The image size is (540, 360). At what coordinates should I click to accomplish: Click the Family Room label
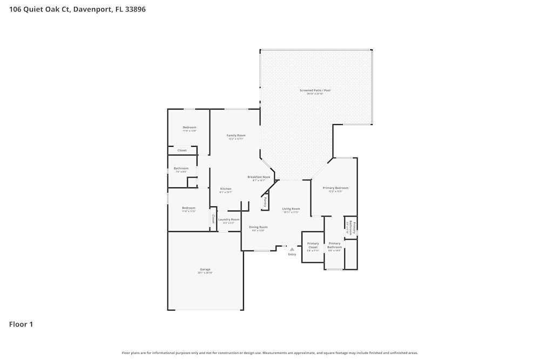[235, 135]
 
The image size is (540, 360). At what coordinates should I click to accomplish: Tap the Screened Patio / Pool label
[315, 90]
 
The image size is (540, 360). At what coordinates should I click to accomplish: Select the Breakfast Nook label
[259, 177]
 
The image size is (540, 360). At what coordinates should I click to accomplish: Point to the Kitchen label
[225, 189]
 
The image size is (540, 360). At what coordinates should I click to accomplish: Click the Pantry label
[265, 202]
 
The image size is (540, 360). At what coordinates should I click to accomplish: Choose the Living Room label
[291, 209]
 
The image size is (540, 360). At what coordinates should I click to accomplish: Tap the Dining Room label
[258, 227]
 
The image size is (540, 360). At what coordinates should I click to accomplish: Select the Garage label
[205, 269]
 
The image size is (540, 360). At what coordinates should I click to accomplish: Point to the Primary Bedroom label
[335, 188]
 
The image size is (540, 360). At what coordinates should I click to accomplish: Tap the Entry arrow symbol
[292, 249]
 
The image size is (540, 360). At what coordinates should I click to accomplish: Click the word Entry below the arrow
[292, 254]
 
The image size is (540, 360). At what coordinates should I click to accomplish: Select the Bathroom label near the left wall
[181, 168]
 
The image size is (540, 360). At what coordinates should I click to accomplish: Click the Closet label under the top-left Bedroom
[182, 150]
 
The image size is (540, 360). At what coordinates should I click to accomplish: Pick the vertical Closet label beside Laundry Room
[213, 219]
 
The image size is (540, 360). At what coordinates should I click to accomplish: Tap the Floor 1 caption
[21, 324]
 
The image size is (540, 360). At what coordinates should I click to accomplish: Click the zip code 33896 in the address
[135, 9]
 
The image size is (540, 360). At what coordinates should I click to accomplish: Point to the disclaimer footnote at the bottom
[269, 353]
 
